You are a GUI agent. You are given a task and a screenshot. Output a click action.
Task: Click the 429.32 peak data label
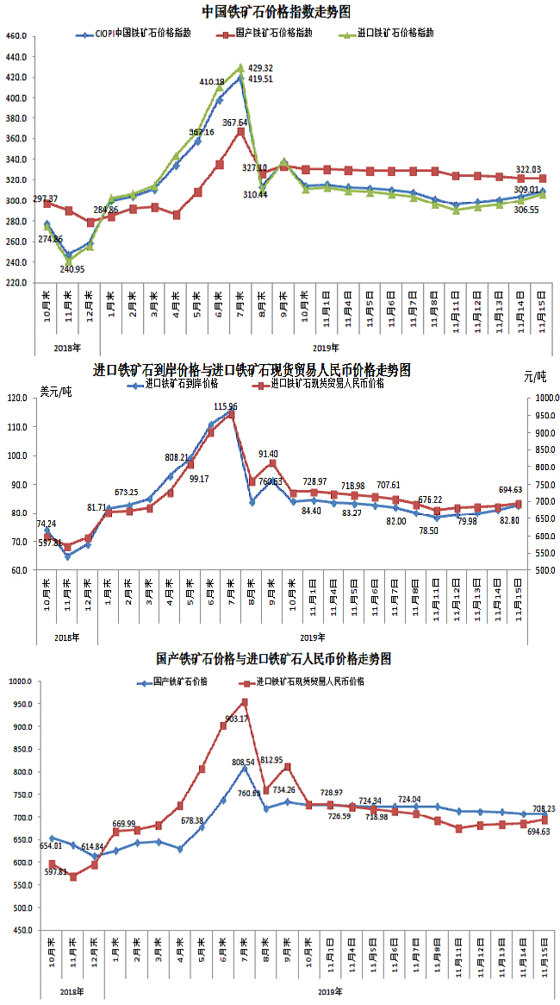tap(260, 67)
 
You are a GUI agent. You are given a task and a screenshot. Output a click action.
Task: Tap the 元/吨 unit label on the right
tap(534, 376)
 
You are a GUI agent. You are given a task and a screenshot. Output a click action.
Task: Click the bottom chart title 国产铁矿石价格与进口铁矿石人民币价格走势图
tap(274, 658)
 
